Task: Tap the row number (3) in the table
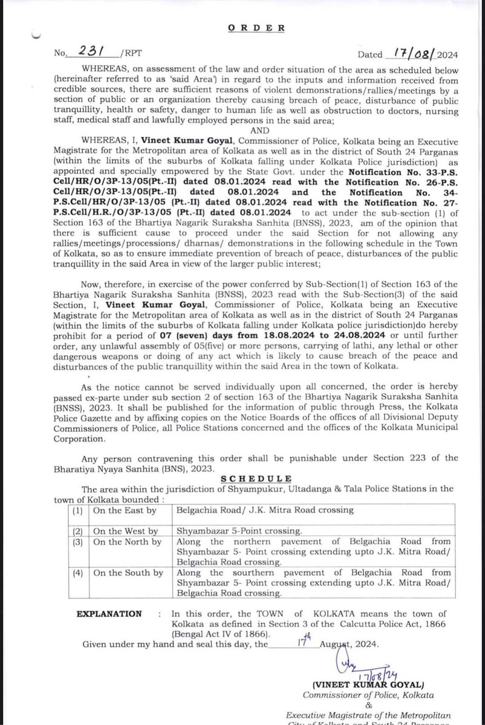[x=78, y=543]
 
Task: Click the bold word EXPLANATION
[x=109, y=614]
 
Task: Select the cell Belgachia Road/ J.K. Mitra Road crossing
[x=264, y=510]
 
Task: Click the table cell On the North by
[x=127, y=543]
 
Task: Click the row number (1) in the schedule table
[x=78, y=510]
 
